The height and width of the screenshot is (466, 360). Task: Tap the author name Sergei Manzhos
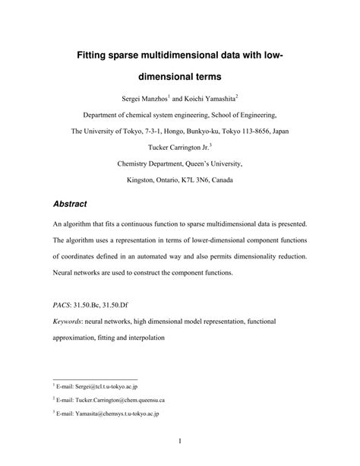148,98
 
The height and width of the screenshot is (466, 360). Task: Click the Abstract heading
70,204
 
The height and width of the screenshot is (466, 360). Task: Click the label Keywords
68,322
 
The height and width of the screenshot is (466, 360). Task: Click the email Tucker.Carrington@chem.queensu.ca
112,400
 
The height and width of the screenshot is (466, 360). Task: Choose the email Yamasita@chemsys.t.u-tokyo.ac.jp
111,414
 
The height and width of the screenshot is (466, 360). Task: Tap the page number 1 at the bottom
179,440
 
